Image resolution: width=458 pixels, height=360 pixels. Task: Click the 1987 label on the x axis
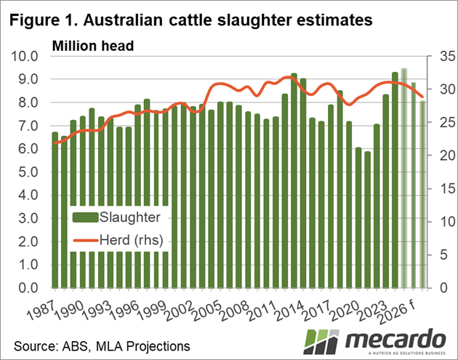(44, 310)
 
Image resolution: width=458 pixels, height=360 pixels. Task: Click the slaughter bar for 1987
(55, 210)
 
